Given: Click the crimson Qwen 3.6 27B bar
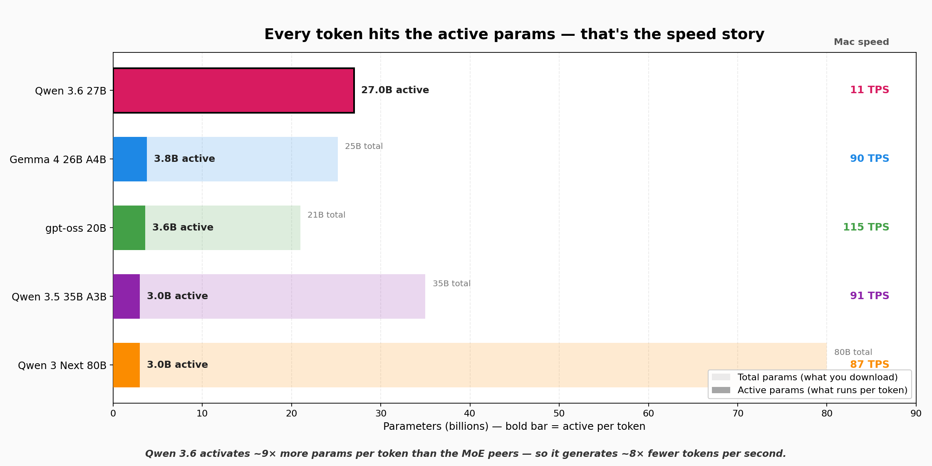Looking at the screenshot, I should (x=233, y=90).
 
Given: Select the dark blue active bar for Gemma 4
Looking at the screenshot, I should (x=130, y=159).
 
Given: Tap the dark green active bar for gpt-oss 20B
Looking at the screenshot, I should (x=129, y=228).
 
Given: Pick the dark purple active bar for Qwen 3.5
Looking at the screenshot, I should (x=126, y=296).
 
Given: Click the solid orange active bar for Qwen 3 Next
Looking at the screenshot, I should (x=126, y=365).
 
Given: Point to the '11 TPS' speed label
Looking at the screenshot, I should (x=869, y=90).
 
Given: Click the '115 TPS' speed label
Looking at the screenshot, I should (x=866, y=227).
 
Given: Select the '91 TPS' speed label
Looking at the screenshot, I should (x=869, y=296).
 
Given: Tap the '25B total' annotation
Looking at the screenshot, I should (x=364, y=146).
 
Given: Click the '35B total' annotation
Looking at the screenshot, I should (x=451, y=284).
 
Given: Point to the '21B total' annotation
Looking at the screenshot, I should (x=326, y=215).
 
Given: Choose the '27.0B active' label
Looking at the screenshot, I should (x=395, y=90).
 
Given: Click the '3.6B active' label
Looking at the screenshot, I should (x=183, y=228).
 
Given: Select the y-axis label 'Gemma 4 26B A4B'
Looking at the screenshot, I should (x=58, y=160).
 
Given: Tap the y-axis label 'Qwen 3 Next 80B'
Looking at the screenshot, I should (x=62, y=366).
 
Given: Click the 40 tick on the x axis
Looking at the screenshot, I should (x=470, y=414).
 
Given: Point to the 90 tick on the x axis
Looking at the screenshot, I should (x=916, y=414).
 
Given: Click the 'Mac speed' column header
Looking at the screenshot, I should (x=861, y=42).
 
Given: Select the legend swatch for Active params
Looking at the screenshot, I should (x=721, y=390).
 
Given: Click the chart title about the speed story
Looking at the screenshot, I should (x=514, y=34).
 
